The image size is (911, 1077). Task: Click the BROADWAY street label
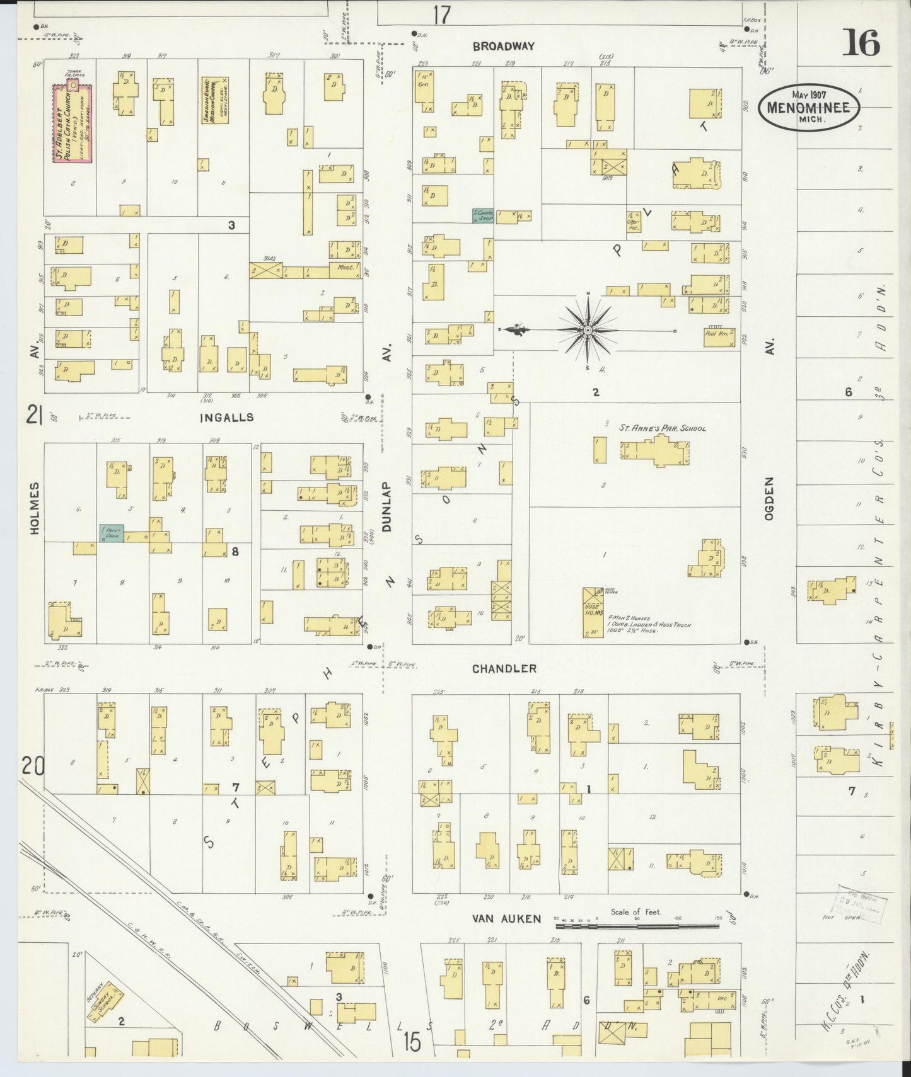[503, 46]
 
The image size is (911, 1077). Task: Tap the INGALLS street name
[226, 418]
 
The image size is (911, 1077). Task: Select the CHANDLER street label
[505, 668]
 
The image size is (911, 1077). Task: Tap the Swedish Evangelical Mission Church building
[214, 100]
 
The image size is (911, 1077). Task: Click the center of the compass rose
[587, 330]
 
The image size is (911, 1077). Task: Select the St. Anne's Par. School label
[661, 428]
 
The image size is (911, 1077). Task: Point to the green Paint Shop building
[112, 533]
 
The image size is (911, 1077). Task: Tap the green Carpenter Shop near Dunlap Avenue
[483, 215]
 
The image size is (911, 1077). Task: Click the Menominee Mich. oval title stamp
[808, 108]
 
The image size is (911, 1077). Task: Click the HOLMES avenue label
[34, 508]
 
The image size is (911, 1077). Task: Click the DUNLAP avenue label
[387, 508]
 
